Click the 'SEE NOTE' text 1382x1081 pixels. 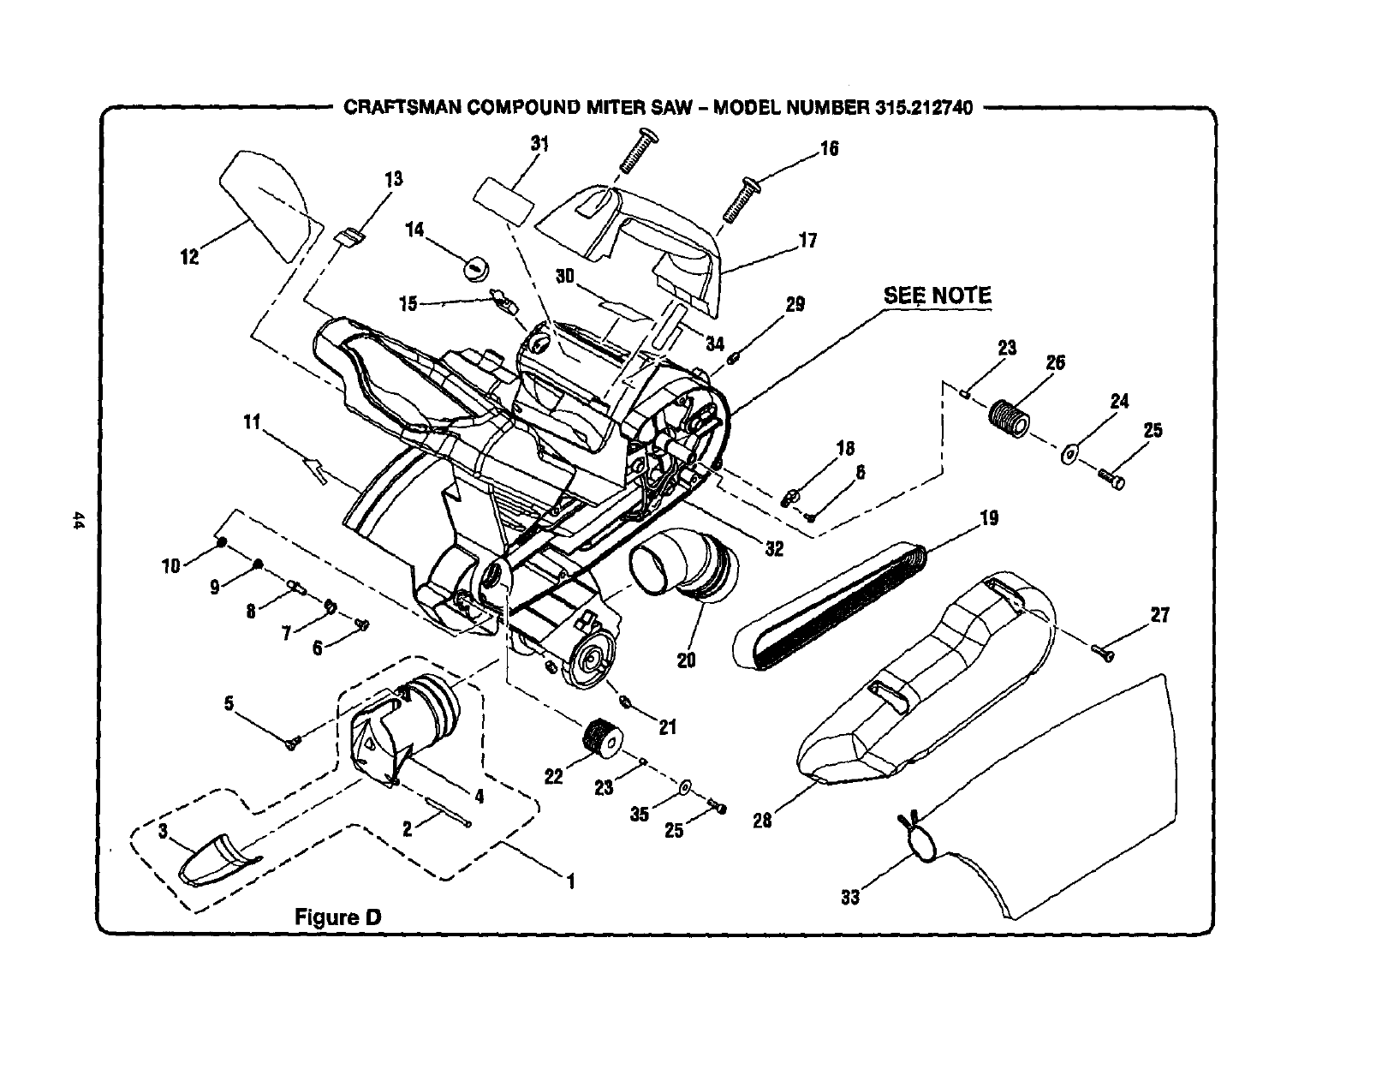point(937,296)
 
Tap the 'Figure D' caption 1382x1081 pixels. point(337,917)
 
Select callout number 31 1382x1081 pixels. point(539,144)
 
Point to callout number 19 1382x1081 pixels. point(989,517)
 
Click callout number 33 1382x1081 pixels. point(850,898)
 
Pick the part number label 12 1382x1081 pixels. point(189,256)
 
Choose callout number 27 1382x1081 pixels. point(1159,615)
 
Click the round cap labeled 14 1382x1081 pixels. point(475,266)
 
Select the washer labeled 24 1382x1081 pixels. point(1070,454)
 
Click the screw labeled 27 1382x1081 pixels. point(1104,653)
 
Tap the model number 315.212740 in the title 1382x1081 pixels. point(924,109)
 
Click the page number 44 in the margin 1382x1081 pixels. point(78,522)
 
